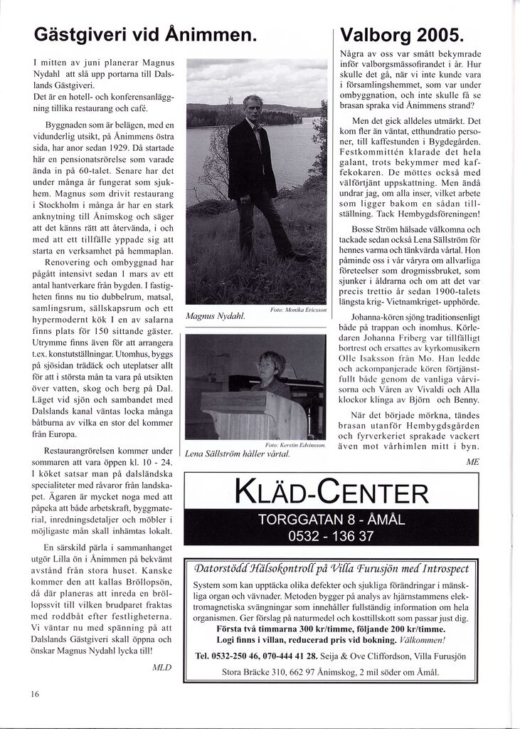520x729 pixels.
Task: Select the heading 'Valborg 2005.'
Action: tap(402, 33)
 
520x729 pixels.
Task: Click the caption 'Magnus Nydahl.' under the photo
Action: tap(215, 316)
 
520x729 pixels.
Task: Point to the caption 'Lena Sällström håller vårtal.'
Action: tap(240, 453)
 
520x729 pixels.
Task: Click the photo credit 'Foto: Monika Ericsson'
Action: tap(298, 310)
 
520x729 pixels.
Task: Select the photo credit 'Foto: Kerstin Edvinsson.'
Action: tap(295, 445)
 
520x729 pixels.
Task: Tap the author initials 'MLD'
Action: tap(162, 667)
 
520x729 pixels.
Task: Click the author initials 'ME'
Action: tap(472, 461)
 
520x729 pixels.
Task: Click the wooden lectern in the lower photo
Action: tap(249, 413)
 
